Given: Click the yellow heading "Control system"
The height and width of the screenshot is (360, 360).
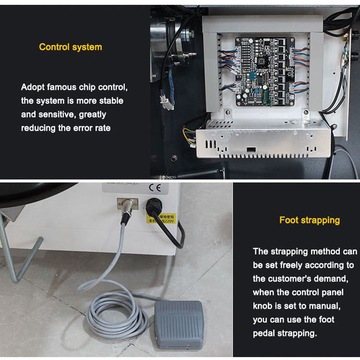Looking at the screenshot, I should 71,47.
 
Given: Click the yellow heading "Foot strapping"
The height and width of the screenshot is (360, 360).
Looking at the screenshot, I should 310,220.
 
